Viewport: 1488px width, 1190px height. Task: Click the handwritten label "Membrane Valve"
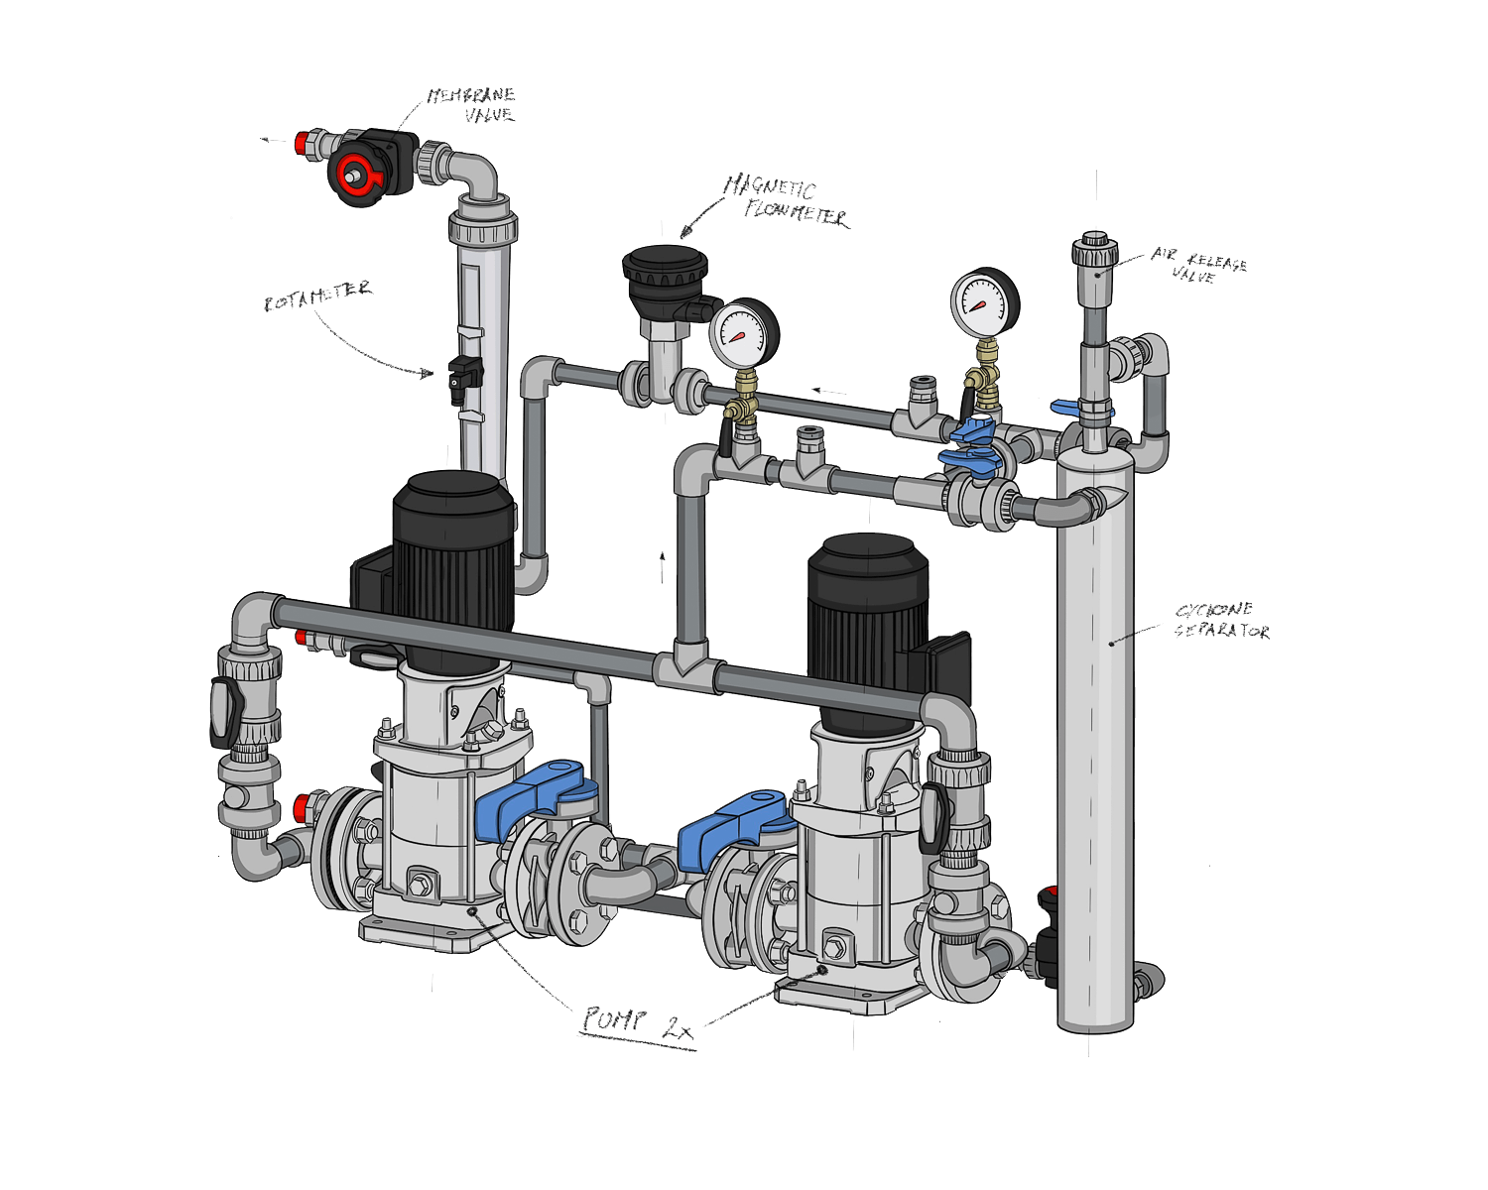(472, 105)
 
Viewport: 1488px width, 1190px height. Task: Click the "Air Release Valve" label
(1198, 265)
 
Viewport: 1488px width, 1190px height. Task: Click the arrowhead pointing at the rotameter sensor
(428, 375)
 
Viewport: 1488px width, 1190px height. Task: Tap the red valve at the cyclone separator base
(1048, 897)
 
